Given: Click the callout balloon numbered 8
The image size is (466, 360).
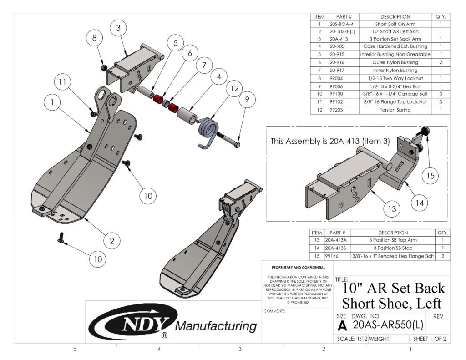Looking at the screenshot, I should [95, 39].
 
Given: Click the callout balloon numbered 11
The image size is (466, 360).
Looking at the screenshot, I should [62, 83].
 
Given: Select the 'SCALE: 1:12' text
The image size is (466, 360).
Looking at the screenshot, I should [352, 339].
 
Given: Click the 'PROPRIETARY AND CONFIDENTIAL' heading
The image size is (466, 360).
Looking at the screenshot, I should [298, 268].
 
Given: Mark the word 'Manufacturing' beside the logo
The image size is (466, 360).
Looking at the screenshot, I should [216, 326].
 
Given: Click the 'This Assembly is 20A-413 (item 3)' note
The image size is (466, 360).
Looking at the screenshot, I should [330, 141].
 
